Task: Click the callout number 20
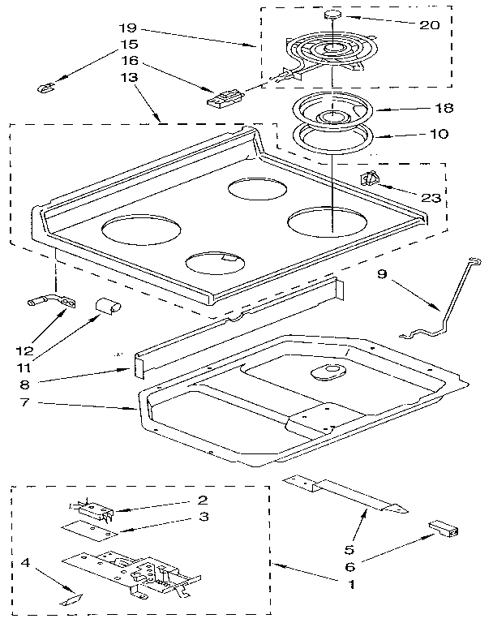click(x=429, y=24)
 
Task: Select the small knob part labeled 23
click(x=370, y=180)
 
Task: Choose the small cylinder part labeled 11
click(x=106, y=306)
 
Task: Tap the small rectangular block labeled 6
click(x=444, y=529)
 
